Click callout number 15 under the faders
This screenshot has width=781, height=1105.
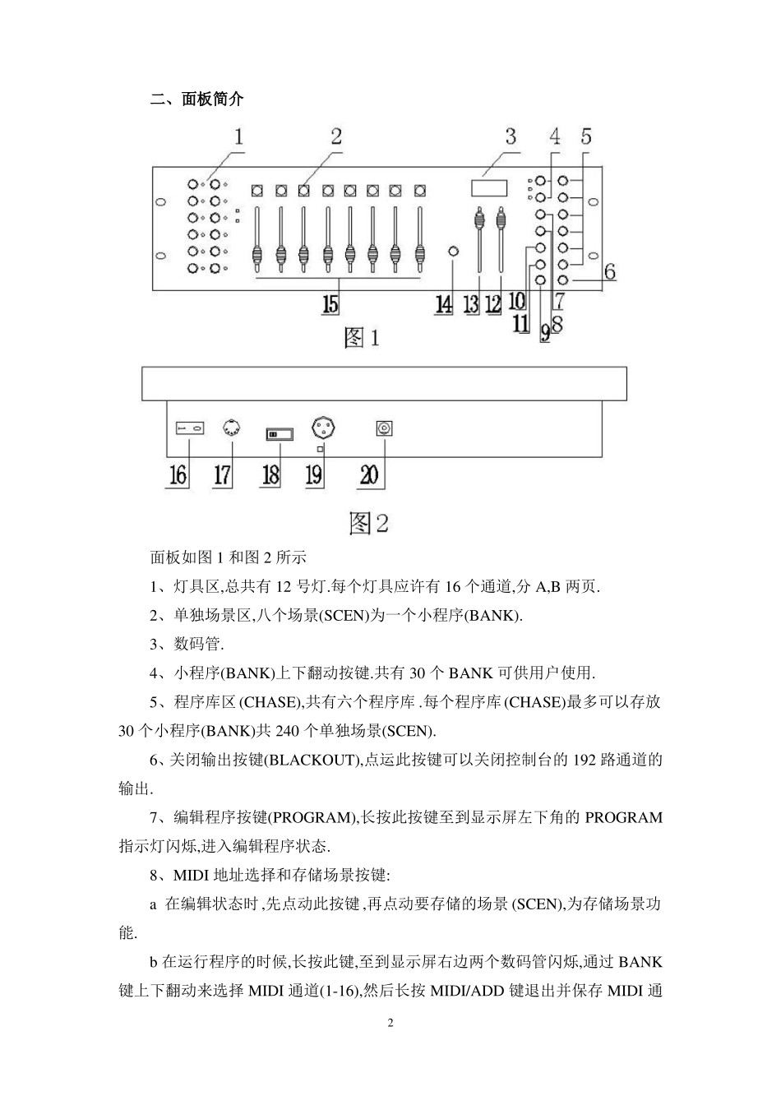[330, 304]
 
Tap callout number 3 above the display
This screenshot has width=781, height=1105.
[511, 136]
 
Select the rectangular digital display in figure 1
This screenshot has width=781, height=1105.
[489, 187]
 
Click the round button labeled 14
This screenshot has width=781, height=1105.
[452, 251]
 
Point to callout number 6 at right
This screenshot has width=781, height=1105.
[610, 271]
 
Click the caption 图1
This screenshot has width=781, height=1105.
[362, 337]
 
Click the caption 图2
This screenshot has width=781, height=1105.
[368, 522]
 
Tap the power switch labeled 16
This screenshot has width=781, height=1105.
[190, 429]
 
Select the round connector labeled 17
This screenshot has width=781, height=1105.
[232, 428]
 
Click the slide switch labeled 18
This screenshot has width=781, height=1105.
[277, 433]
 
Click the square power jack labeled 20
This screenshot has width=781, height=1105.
[384, 428]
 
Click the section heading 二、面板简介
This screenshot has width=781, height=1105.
[197, 99]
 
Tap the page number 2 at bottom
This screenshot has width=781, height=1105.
[390, 1024]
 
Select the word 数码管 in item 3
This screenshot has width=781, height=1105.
[198, 644]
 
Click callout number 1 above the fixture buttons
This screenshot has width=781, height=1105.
[238, 136]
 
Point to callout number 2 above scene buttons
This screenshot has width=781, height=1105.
[335, 136]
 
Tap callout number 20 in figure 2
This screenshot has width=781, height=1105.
[369, 474]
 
